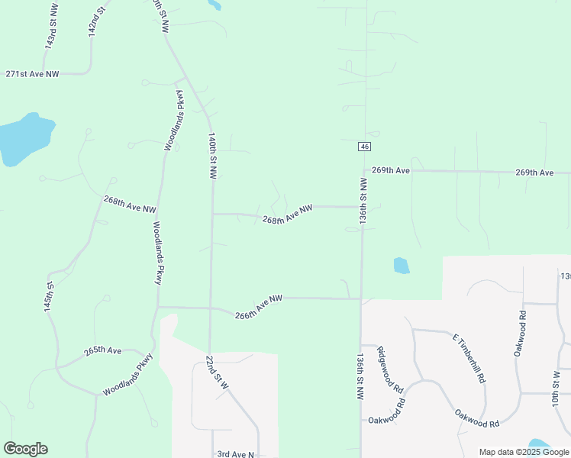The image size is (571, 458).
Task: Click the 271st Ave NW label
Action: point(32,74)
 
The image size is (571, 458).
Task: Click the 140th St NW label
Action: point(213,156)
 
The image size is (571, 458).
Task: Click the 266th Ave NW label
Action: point(259,307)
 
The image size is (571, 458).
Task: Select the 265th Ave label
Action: point(102,351)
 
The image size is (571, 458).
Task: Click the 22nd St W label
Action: point(217,373)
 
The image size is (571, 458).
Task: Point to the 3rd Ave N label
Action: point(235,454)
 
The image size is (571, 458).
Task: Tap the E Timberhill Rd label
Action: point(469,358)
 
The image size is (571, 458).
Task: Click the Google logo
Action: point(25,449)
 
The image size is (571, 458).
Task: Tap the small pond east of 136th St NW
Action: point(402,266)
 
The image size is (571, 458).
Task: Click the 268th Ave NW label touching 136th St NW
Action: point(288,214)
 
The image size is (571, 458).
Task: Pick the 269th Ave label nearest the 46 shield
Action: point(391,170)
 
